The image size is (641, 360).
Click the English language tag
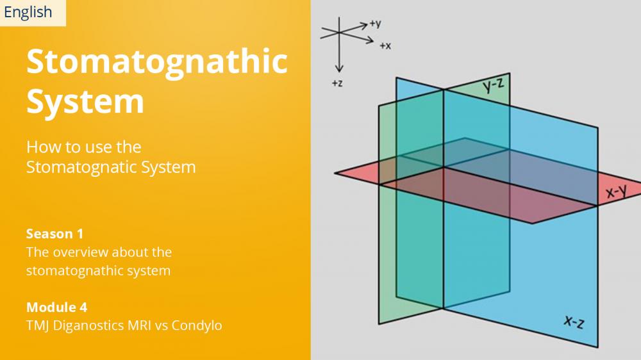(28, 12)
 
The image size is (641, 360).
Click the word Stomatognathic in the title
(157, 62)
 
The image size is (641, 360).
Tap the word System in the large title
(85, 102)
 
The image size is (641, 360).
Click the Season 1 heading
(54, 234)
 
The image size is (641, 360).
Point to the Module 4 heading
(57, 307)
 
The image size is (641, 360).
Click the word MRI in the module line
(138, 325)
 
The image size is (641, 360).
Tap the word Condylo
(197, 325)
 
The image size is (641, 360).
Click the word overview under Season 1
(80, 252)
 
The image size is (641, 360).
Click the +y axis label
(375, 24)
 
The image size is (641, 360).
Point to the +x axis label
(385, 45)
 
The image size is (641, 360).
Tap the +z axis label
(337, 83)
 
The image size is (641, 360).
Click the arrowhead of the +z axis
(339, 71)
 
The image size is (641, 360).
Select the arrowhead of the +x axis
(372, 41)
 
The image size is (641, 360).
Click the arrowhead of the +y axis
(366, 26)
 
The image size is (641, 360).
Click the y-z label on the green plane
(494, 85)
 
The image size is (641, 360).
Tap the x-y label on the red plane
(616, 191)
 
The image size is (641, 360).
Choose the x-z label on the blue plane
(574, 322)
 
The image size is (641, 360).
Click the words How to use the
(84, 147)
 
